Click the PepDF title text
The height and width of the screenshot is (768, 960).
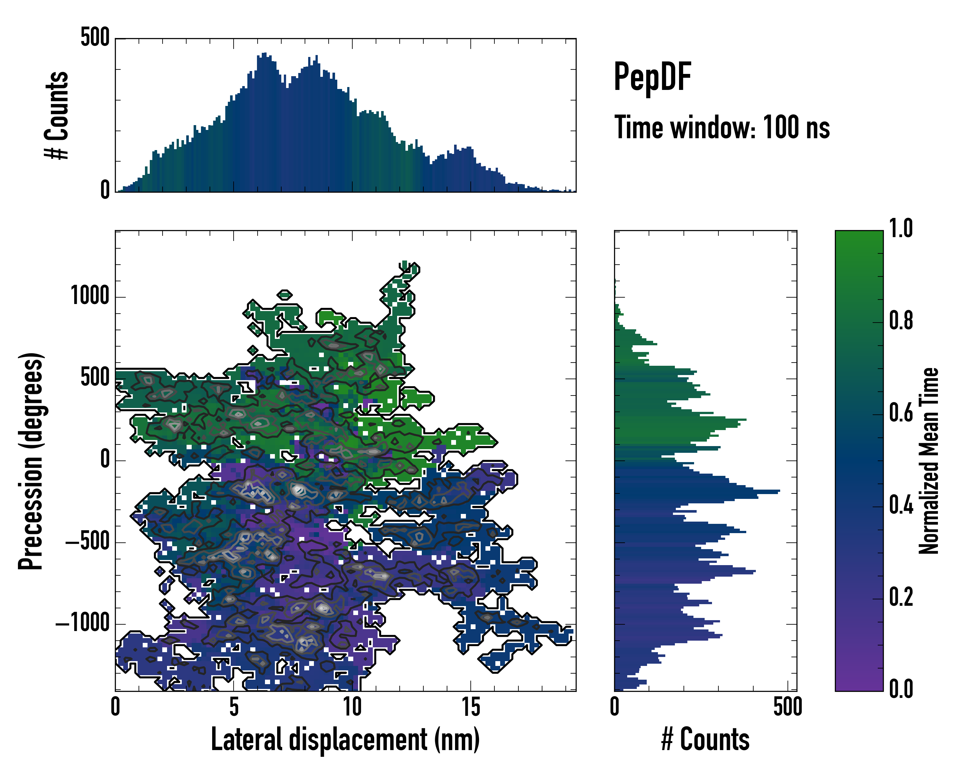652,77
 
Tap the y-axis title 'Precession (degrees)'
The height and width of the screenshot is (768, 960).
31,461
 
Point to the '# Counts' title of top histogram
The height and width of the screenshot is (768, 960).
57,115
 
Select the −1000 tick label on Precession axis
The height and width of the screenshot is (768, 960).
83,623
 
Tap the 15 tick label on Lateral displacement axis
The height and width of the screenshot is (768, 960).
471,707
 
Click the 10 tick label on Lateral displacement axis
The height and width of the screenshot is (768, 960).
352,707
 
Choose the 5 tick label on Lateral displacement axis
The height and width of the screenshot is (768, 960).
234,707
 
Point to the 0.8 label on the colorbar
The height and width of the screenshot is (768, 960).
901,321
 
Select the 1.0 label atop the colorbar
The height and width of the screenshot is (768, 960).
901,229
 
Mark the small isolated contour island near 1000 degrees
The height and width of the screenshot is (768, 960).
284,294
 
